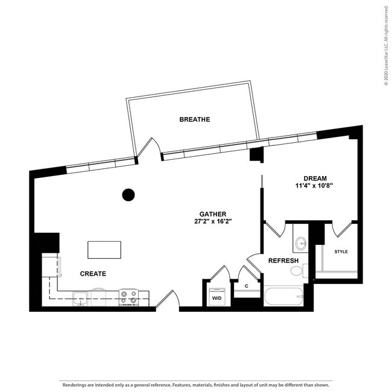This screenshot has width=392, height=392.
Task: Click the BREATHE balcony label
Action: pyautogui.click(x=195, y=119)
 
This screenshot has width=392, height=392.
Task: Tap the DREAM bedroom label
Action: pyautogui.click(x=315, y=179)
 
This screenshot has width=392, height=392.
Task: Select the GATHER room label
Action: pyautogui.click(x=213, y=214)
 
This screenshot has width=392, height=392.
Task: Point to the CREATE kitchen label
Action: pyautogui.click(x=93, y=274)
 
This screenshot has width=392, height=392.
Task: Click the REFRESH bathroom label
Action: pyautogui.click(x=283, y=261)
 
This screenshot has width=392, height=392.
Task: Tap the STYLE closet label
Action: pyautogui.click(x=341, y=251)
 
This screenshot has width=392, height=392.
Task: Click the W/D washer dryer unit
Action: pyautogui.click(x=217, y=297)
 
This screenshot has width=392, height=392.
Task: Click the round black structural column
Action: pyautogui.click(x=128, y=195)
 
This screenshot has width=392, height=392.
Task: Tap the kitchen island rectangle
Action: pyautogui.click(x=104, y=250)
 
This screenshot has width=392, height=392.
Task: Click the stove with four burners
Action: pyautogui.click(x=128, y=297)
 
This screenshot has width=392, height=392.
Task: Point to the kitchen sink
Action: pyautogui.click(x=80, y=299)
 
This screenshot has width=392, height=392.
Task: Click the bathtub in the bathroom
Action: pyautogui.click(x=283, y=297)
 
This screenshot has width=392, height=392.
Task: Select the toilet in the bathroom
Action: pyautogui.click(x=299, y=271)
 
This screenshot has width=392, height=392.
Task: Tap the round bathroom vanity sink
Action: pyautogui.click(x=301, y=243)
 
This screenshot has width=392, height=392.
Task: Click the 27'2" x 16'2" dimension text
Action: pyautogui.click(x=213, y=221)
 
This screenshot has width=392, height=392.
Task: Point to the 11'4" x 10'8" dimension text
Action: pyautogui.click(x=315, y=186)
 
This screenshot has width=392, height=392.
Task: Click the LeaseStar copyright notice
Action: pyautogui.click(x=386, y=45)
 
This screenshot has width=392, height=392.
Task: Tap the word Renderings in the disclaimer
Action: pyautogui.click(x=74, y=385)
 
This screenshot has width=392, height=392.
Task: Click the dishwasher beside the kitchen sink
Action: pyautogui.click(x=98, y=297)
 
